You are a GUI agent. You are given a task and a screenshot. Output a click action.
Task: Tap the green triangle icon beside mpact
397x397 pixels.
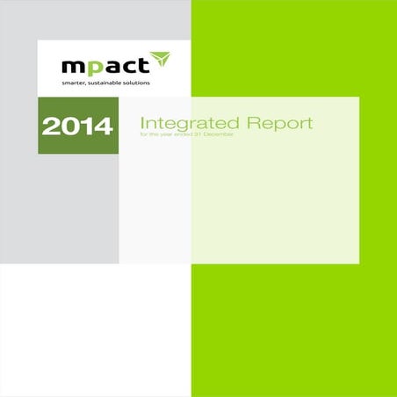pyautogui.click(x=159, y=61)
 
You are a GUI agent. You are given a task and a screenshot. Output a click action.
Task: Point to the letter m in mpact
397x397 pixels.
pyautogui.click(x=73, y=66)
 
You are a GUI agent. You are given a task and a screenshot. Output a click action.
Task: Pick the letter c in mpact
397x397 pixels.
pyautogui.click(x=125, y=66)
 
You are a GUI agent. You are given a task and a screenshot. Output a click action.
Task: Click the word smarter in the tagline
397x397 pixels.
pyautogui.click(x=75, y=83)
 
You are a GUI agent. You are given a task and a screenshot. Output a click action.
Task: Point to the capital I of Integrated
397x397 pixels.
pyautogui.click(x=142, y=123)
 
